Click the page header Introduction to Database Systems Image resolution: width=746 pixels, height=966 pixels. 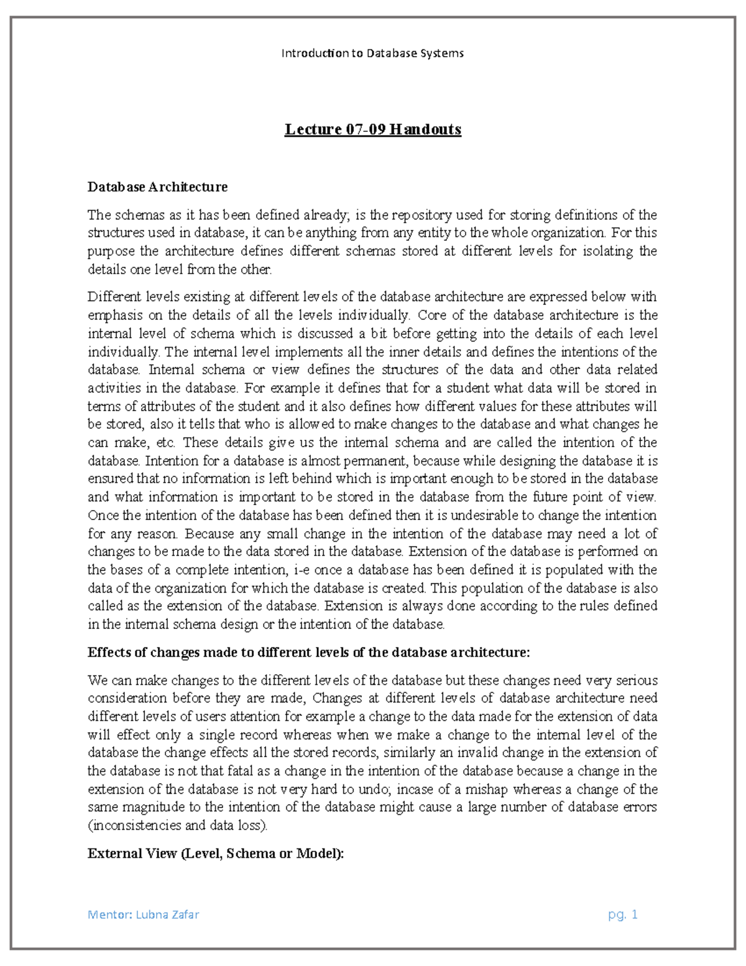[372, 53]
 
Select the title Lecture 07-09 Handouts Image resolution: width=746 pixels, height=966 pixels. [372, 129]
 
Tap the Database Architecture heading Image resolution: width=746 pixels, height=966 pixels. [157, 187]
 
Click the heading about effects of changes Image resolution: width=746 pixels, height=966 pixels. [308, 653]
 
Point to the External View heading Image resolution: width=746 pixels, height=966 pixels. [215, 853]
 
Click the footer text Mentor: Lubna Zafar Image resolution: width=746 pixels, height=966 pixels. [143, 914]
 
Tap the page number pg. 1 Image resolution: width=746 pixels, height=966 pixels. [623, 914]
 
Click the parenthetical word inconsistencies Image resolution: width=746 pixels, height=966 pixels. [135, 826]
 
